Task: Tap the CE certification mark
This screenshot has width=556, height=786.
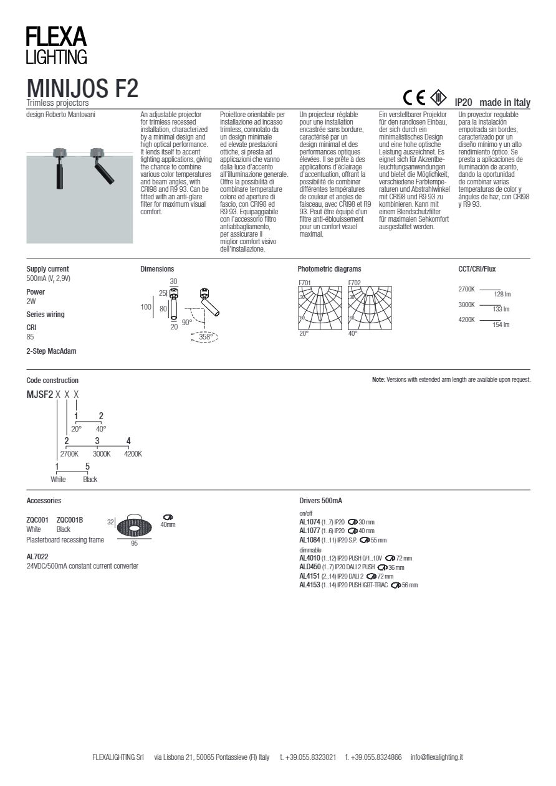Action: pyautogui.click(x=414, y=98)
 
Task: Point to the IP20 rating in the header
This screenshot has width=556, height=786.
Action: pyautogui.click(x=463, y=102)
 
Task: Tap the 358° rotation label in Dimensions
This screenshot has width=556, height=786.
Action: pyautogui.click(x=206, y=337)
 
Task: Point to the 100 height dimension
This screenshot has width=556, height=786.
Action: pyautogui.click(x=146, y=307)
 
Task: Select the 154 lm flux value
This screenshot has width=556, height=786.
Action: pyautogui.click(x=501, y=325)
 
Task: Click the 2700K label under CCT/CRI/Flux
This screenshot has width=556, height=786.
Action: pyautogui.click(x=466, y=290)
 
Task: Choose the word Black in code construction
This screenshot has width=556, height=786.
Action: pyautogui.click(x=90, y=480)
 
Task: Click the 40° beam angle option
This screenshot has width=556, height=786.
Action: pyautogui.click(x=101, y=429)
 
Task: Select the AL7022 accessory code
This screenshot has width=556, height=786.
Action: pyautogui.click(x=37, y=556)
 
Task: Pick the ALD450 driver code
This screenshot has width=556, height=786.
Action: pyautogui.click(x=310, y=567)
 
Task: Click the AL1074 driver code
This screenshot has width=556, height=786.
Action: pyautogui.click(x=310, y=522)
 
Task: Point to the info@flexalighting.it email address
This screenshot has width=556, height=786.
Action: pyautogui.click(x=436, y=757)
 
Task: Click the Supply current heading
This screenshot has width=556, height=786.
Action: pyautogui.click(x=47, y=269)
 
